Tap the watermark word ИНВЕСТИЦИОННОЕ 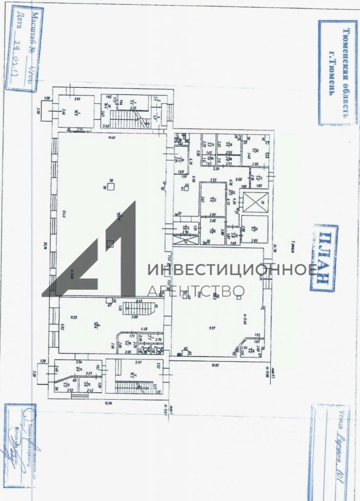coord(232,270)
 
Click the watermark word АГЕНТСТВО coord(197,291)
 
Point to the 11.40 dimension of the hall coord(111,137)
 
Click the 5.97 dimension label coord(138,362)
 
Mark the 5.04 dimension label coord(79,361)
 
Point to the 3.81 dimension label coord(77,99)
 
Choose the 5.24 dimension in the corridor coord(216,169)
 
